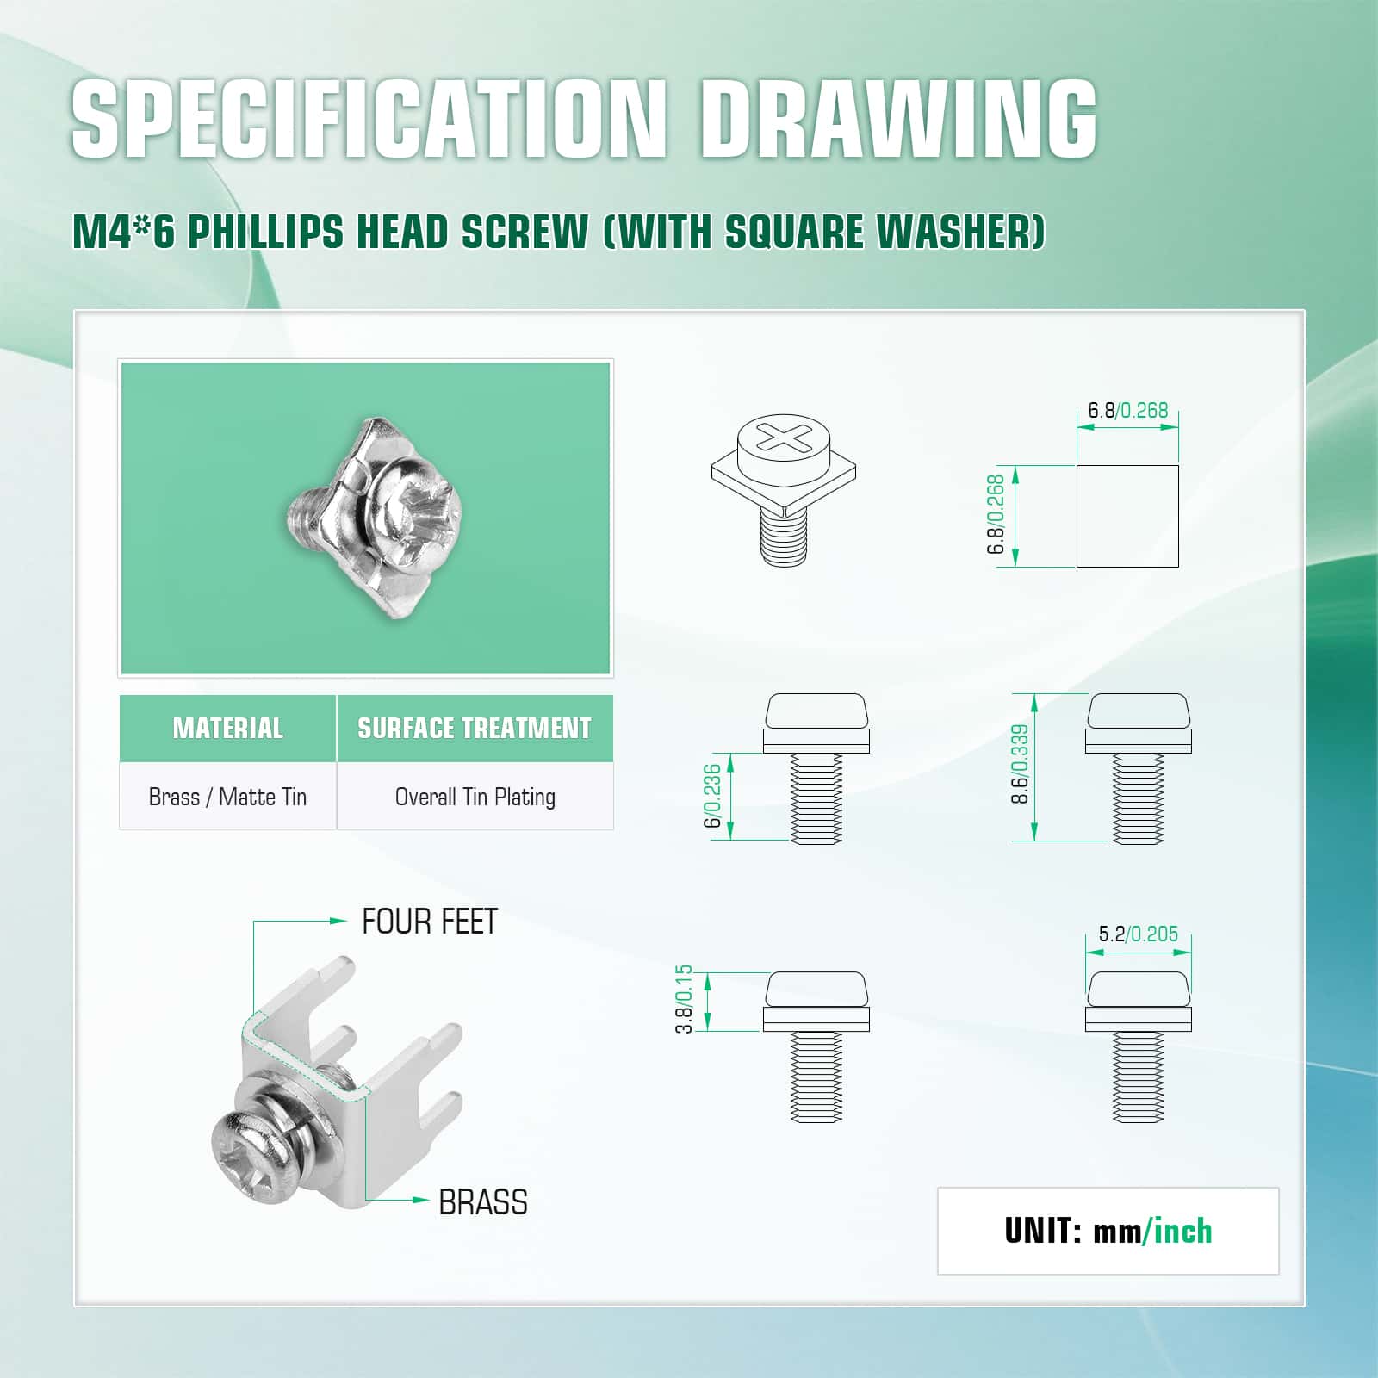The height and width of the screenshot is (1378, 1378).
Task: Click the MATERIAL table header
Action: [x=227, y=729]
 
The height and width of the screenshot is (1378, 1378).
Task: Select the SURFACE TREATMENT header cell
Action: [x=475, y=729]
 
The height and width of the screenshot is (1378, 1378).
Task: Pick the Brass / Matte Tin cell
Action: [x=227, y=797]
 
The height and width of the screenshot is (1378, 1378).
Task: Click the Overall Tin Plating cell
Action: [x=475, y=797]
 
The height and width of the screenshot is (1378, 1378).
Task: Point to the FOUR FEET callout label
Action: [x=430, y=922]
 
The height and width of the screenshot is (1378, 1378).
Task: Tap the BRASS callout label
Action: [x=483, y=1202]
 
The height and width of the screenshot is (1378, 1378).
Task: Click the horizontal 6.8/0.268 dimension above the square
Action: [x=1127, y=410]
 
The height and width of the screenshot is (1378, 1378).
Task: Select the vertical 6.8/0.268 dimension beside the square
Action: [x=996, y=514]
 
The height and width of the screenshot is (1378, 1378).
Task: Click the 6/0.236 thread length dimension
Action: [x=712, y=797]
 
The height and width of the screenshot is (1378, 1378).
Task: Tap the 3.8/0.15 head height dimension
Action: [x=684, y=1000]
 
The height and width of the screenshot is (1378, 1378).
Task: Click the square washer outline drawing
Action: [x=1127, y=517]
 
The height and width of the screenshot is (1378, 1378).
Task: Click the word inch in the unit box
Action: [x=1182, y=1232]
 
